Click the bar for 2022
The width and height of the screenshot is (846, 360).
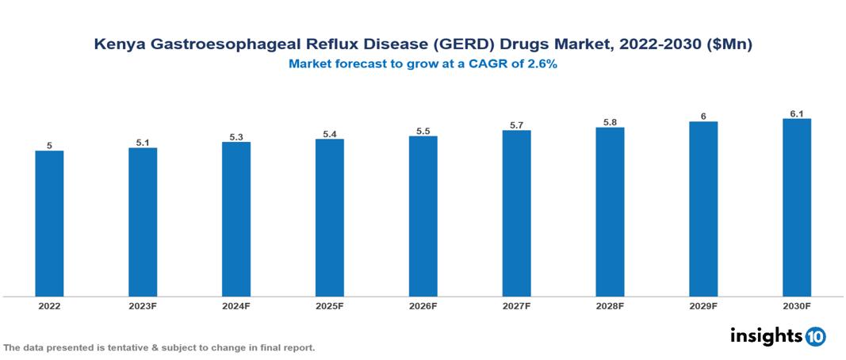pyautogui.click(x=49, y=224)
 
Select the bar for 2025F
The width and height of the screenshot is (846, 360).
pyautogui.click(x=329, y=218)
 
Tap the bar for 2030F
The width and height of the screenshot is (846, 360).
pyautogui.click(x=796, y=208)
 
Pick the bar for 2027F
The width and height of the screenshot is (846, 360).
pyautogui.click(x=516, y=213)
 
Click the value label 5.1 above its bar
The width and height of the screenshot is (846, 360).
pyautogui.click(x=143, y=143)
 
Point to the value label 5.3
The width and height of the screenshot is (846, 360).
pyautogui.click(x=236, y=137)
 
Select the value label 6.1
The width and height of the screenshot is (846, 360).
pyautogui.click(x=797, y=113)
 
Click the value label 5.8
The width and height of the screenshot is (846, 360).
pyautogui.click(x=610, y=122)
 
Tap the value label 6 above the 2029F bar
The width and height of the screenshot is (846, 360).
pyautogui.click(x=703, y=117)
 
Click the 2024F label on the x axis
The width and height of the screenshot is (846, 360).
pyautogui.click(x=236, y=305)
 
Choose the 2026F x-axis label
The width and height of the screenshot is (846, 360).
pyautogui.click(x=423, y=305)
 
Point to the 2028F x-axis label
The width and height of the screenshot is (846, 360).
pyautogui.click(x=610, y=305)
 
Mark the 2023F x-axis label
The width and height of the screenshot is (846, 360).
pyautogui.click(x=143, y=305)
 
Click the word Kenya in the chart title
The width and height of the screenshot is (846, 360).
pyautogui.click(x=117, y=46)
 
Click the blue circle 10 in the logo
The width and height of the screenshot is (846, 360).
pyautogui.click(x=815, y=336)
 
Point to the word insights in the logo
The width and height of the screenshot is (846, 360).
pyautogui.click(x=766, y=335)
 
